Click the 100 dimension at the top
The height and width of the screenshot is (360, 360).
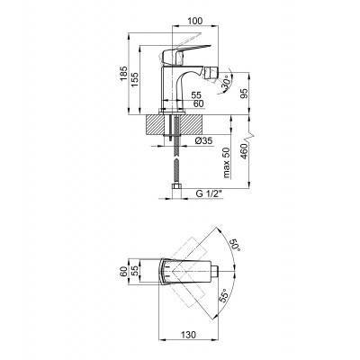(195, 21)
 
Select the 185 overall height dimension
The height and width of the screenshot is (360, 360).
(123, 73)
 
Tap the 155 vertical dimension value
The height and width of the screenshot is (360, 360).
(135, 79)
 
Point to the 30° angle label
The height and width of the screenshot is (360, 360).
(227, 83)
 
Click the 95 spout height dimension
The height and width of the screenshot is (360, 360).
(245, 94)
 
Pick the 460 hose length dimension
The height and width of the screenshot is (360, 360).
(244, 151)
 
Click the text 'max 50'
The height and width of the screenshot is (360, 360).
(227, 163)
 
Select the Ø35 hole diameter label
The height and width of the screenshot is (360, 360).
(202, 140)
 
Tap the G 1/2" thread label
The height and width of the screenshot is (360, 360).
(209, 193)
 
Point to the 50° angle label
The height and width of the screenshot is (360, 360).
(236, 245)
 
